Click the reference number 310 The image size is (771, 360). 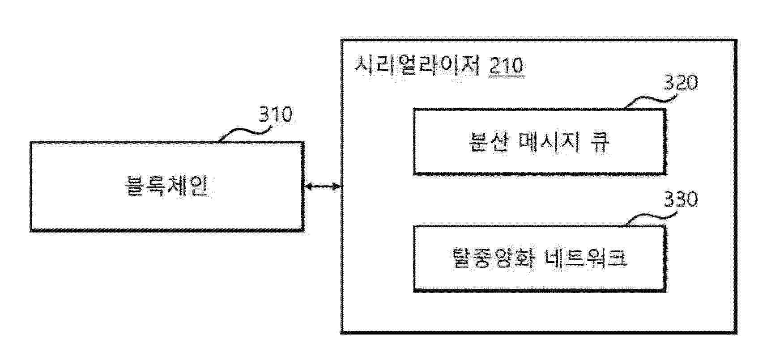pyautogui.click(x=276, y=115)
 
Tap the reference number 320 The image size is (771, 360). pyautogui.click(x=680, y=83)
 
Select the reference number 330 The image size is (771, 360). pyautogui.click(x=680, y=199)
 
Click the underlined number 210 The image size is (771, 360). pyautogui.click(x=507, y=66)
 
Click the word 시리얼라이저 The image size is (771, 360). pyautogui.click(x=417, y=66)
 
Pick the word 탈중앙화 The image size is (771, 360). pyautogui.click(x=491, y=258)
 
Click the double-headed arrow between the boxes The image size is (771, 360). pyautogui.click(x=323, y=186)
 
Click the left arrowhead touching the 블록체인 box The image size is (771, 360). pyautogui.click(x=308, y=186)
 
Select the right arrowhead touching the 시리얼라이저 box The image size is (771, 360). pyautogui.click(x=337, y=186)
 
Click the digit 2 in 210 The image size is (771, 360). pyautogui.click(x=495, y=66)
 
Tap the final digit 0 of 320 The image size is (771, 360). pyautogui.click(x=691, y=83)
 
